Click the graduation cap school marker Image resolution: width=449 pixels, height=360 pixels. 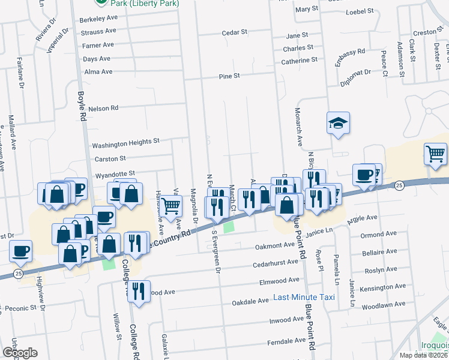(x=339, y=124)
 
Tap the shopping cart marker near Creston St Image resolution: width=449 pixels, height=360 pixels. (x=436, y=153)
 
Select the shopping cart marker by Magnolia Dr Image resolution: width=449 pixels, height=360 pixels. (x=172, y=206)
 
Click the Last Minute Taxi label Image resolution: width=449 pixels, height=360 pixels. (x=303, y=297)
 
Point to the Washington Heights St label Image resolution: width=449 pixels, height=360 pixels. (x=125, y=145)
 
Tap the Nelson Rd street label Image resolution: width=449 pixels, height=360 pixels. (x=103, y=109)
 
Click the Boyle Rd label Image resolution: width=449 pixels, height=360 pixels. (x=82, y=107)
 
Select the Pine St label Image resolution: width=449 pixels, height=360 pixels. (x=229, y=76)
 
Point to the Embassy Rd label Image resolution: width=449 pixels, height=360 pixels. (x=351, y=57)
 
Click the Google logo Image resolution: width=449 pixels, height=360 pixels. (x=19, y=352)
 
